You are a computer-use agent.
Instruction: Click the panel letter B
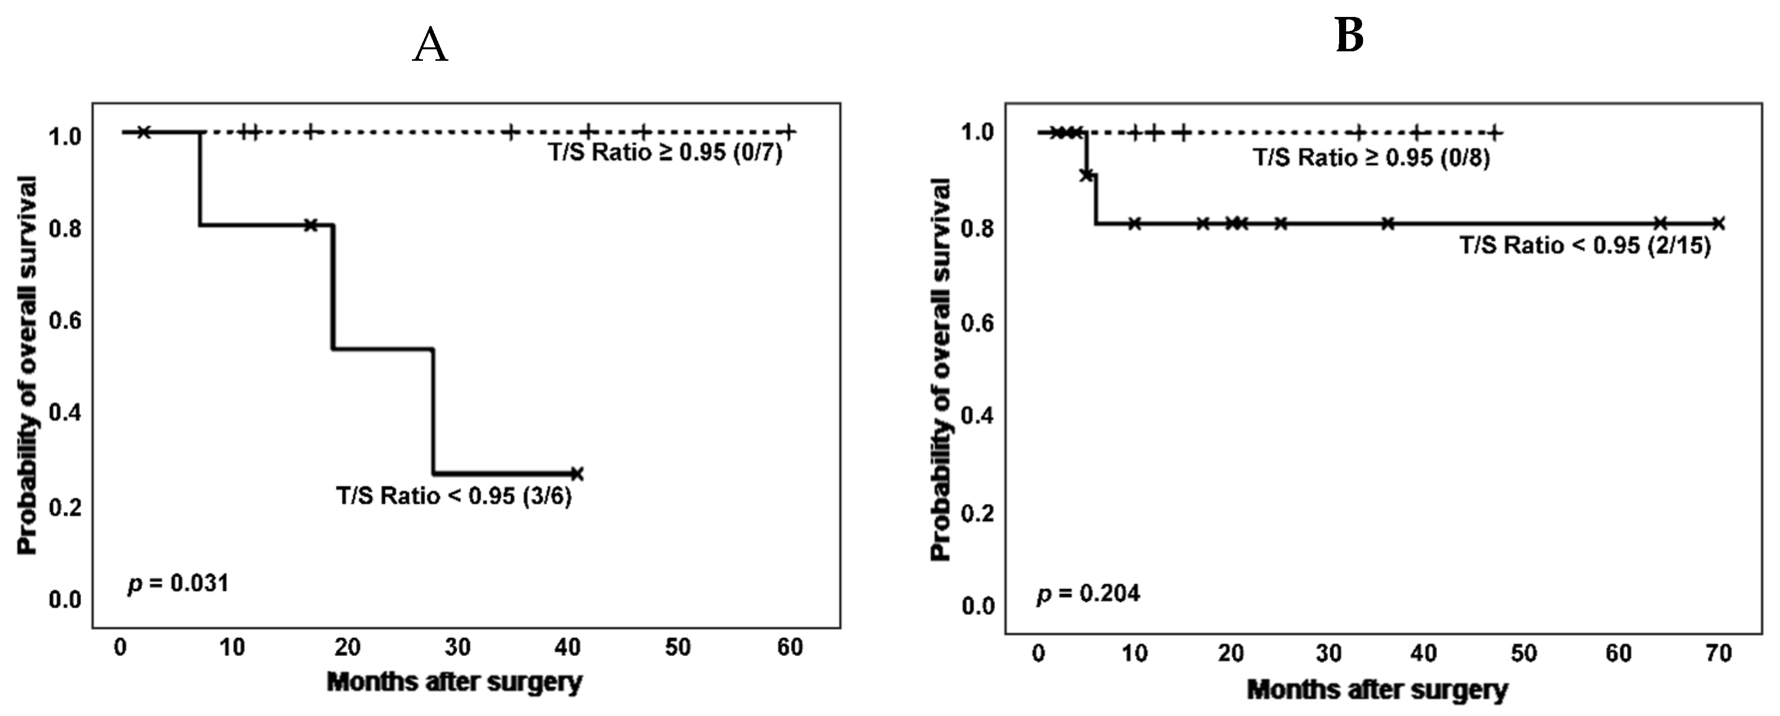pos(1349,35)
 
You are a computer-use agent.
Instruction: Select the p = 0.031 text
pos(178,583)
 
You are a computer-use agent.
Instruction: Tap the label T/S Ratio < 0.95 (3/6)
pos(454,496)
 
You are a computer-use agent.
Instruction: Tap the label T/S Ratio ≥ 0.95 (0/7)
pos(665,152)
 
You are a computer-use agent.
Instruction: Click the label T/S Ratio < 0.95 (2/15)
pos(1585,246)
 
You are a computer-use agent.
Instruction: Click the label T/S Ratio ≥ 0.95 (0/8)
pos(1372,158)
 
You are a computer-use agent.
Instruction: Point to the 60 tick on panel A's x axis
pos(789,648)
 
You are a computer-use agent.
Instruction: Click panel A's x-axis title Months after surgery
pos(454,682)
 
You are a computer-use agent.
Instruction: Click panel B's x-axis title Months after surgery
pos(1377,689)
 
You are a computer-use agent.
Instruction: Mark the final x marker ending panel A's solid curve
pos(577,474)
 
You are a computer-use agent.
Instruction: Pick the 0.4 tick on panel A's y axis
pos(65,414)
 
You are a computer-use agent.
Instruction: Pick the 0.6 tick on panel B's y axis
pos(977,324)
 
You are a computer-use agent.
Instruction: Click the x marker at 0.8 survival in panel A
pos(310,225)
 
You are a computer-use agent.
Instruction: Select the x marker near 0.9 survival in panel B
pos(1086,175)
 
